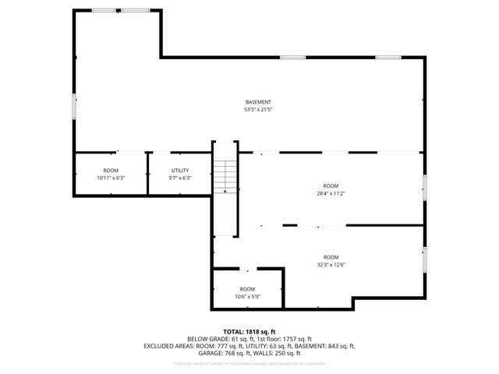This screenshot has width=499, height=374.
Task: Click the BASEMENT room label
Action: [x=258, y=102]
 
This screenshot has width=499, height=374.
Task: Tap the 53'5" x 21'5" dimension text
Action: [x=258, y=110]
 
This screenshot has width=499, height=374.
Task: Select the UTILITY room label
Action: [x=179, y=170]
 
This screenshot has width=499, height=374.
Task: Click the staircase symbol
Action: [x=225, y=176]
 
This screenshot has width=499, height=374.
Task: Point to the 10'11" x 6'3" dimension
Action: [x=111, y=178]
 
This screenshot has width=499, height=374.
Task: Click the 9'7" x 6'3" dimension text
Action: [x=179, y=178]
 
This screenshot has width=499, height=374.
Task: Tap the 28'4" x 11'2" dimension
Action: [x=331, y=193]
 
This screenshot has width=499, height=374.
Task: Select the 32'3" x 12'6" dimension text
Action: [x=331, y=265]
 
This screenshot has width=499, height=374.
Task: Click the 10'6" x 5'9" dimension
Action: [x=247, y=296]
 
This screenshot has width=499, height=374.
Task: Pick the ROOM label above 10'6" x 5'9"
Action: [x=247, y=288]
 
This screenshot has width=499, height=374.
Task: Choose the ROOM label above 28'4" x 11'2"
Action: [x=331, y=185]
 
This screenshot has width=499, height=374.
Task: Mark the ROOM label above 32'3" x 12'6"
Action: [x=331, y=257]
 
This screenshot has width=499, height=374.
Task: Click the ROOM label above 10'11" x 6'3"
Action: [x=111, y=170]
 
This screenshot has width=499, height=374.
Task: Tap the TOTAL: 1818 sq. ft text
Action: [x=249, y=331]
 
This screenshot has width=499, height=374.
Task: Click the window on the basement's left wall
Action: [x=75, y=104]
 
